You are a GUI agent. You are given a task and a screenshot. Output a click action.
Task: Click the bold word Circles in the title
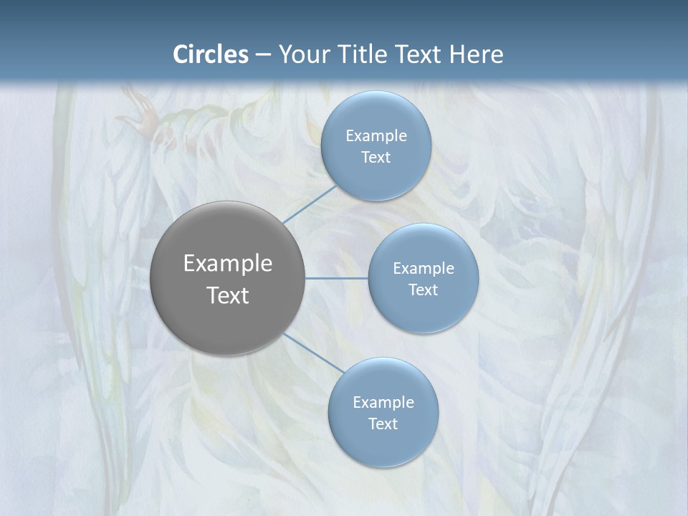click(211, 54)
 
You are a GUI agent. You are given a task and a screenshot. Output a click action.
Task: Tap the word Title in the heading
click(361, 54)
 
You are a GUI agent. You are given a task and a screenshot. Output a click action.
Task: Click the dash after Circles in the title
click(263, 55)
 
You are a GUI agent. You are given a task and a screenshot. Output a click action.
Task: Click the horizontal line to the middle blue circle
click(337, 278)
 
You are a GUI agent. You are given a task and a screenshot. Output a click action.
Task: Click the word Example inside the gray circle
click(228, 263)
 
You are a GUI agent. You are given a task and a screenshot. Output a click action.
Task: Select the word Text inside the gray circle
click(228, 295)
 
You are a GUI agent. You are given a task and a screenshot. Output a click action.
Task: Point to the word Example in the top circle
click(376, 135)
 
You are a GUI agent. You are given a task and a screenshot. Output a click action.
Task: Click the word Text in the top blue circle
click(376, 157)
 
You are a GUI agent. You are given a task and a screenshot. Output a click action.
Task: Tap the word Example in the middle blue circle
click(424, 268)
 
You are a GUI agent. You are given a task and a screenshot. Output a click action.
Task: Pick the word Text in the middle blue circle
click(423, 290)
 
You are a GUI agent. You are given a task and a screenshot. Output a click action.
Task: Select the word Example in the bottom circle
click(383, 402)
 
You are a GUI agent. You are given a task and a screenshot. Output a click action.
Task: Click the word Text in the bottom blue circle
click(383, 424)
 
